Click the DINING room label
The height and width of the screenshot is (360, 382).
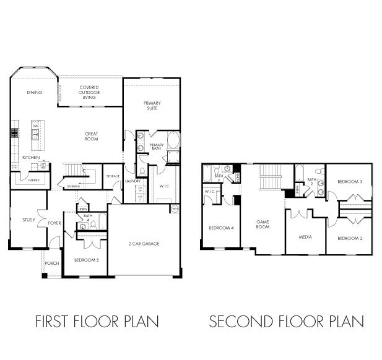34,93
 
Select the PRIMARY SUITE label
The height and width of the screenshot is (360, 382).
151,106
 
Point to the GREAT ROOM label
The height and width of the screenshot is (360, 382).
92,136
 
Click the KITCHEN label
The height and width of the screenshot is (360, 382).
31,158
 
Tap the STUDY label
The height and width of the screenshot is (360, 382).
28,220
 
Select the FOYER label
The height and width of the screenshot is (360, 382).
55,223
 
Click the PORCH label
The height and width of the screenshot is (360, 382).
52,263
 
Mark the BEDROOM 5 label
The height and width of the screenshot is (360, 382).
87,260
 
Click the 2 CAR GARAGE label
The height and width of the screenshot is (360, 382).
144,244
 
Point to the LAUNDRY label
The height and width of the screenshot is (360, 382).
132,181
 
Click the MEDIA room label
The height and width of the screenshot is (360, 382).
305,237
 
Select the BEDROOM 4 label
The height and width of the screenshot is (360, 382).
221,228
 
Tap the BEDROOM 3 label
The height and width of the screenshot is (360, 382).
350,181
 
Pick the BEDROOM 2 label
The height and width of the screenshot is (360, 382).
350,238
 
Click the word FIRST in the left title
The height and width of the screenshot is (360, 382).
53,322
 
